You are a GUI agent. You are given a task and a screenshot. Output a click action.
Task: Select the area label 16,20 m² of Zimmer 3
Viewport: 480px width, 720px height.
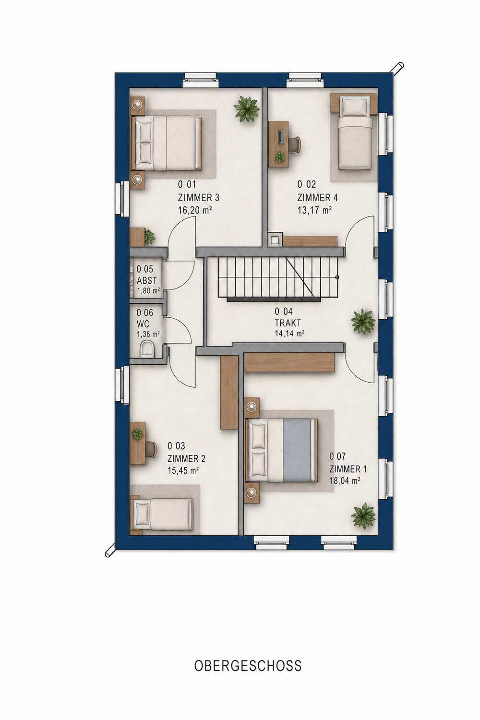(x=195, y=210)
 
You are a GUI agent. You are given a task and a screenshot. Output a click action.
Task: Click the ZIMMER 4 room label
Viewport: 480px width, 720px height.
(x=317, y=197)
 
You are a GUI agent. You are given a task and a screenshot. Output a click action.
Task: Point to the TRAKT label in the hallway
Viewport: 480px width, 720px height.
(x=288, y=323)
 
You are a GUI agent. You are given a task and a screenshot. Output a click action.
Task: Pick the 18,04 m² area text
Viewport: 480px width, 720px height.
(x=344, y=480)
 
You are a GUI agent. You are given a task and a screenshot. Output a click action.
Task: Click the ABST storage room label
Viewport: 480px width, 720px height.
(x=146, y=280)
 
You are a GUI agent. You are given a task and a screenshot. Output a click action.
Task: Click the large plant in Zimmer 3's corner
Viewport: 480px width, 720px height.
(x=247, y=109)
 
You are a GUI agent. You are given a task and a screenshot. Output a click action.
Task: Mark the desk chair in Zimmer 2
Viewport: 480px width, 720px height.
(x=151, y=449)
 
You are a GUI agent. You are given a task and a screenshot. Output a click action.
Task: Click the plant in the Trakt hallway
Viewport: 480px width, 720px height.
(x=363, y=321)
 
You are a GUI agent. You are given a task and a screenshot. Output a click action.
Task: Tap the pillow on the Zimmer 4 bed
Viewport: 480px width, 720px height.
(x=355, y=107)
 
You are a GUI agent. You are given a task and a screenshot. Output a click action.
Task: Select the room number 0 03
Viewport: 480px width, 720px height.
(x=176, y=446)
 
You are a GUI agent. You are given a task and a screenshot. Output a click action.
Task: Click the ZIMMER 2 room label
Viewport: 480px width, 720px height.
(x=186, y=458)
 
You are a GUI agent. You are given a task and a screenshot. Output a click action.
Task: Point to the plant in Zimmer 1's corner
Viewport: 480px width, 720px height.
(x=363, y=515)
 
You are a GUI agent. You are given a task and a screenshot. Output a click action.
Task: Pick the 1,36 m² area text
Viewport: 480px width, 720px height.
(x=148, y=334)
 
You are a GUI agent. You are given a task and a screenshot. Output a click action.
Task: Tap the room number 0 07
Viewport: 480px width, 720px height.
(x=337, y=456)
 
